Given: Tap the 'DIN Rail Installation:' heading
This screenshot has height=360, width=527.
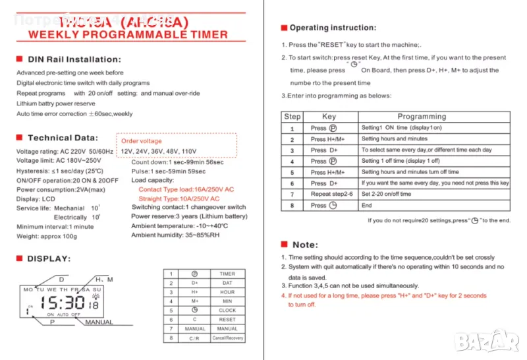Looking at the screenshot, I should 74,59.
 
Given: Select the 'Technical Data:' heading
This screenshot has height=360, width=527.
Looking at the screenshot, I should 63,138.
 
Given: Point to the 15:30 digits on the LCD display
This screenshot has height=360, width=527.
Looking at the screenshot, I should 63,303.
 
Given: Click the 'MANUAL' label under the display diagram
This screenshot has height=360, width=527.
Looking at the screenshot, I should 99,322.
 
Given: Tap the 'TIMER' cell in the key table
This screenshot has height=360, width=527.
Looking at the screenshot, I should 227,274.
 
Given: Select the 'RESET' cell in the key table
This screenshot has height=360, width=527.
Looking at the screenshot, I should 227,319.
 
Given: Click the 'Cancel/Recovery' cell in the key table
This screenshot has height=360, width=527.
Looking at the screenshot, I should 227,338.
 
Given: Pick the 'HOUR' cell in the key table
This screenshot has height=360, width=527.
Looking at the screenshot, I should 227,292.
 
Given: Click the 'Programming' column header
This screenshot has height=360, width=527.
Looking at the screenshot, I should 422,117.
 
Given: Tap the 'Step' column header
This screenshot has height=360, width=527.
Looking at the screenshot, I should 292,117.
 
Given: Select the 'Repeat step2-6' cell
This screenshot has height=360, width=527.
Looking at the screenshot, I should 331,195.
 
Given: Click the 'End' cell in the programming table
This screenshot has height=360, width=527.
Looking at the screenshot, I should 366,206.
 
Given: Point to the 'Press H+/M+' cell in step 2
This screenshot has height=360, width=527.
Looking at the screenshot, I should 327,139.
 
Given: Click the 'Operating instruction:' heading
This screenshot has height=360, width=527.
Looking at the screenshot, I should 333,28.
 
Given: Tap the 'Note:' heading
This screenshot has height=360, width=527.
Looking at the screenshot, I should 304,245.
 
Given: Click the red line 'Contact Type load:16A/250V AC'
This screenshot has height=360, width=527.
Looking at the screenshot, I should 186,189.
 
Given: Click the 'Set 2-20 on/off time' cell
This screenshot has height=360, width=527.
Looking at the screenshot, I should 387,195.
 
